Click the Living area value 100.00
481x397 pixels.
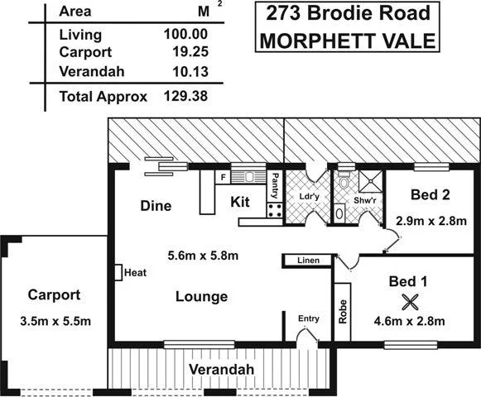pyautogui.click(x=186, y=35)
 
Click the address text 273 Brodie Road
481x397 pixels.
pyautogui.click(x=344, y=14)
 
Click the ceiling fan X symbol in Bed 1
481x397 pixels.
pyautogui.click(x=408, y=302)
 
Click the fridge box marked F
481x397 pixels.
pyautogui.click(x=222, y=176)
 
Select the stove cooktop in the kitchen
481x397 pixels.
pyautogui.click(x=274, y=210)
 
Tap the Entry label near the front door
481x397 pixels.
pyautogui.click(x=309, y=318)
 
